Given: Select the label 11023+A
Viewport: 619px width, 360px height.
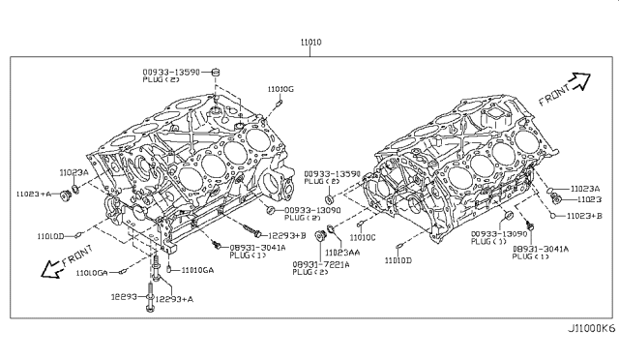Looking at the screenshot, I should (36, 194).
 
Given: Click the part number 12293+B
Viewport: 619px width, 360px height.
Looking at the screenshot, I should (288, 235).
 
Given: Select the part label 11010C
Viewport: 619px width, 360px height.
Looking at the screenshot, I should (363, 237).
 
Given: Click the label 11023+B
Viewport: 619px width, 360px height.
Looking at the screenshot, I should (584, 215).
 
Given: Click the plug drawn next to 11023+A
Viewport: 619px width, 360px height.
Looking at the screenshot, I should (67, 195).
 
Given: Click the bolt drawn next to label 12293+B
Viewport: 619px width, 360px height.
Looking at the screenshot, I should (253, 230).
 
